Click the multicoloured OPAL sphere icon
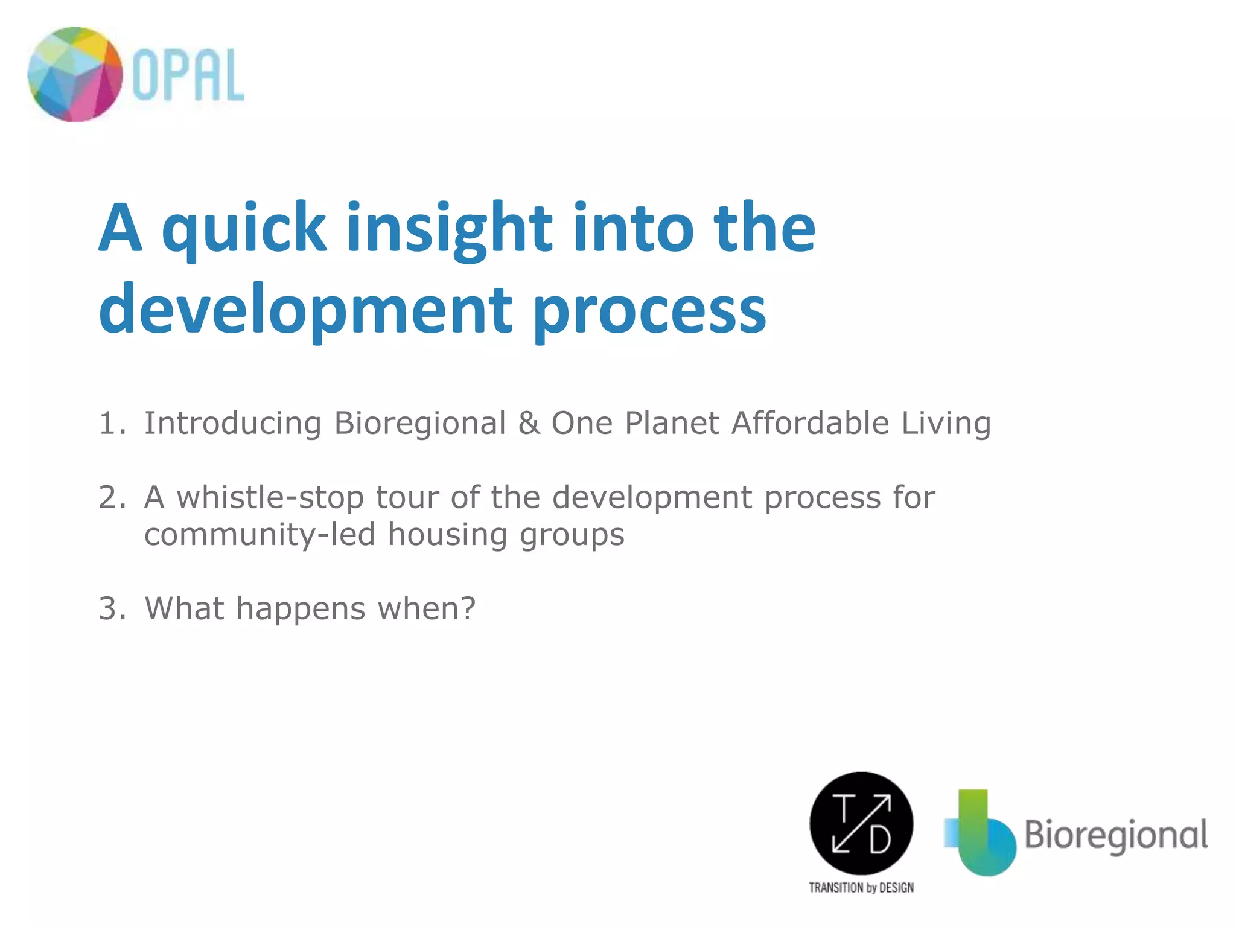pyautogui.click(x=75, y=74)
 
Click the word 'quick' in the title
pyautogui.click(x=244, y=228)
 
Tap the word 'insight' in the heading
pyautogui.click(x=449, y=228)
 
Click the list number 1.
pyautogui.click(x=111, y=423)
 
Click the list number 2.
pyautogui.click(x=111, y=497)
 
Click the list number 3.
pyautogui.click(x=111, y=608)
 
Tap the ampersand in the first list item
pyautogui.click(x=529, y=423)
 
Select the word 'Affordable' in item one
pyautogui.click(x=810, y=423)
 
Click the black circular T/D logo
pyautogui.click(x=861, y=823)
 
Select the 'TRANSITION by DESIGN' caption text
pyautogui.click(x=861, y=888)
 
